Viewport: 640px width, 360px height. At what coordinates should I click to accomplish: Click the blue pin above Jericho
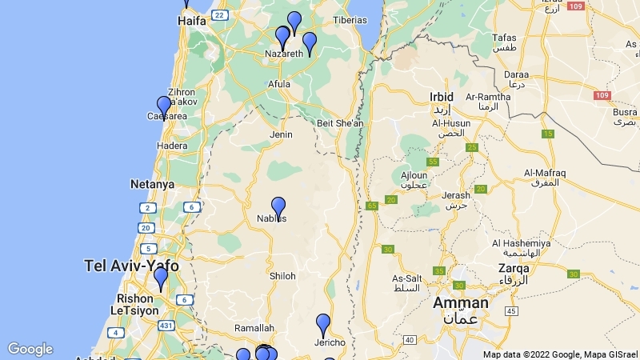[323, 325]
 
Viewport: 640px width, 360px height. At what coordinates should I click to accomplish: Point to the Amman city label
[460, 303]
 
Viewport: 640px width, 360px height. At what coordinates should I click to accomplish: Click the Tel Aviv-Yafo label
[131, 266]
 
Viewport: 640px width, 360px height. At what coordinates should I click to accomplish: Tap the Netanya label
[152, 184]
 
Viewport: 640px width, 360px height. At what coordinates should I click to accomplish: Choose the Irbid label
[442, 97]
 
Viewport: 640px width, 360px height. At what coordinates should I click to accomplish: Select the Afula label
[279, 84]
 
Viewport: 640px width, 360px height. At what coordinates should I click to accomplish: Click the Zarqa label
[513, 268]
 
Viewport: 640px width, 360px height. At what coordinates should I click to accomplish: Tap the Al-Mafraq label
[545, 173]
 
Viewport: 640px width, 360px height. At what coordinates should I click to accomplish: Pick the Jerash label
[456, 195]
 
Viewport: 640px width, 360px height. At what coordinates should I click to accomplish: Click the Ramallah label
[254, 328]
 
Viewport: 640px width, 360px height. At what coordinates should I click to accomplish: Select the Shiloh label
[282, 276]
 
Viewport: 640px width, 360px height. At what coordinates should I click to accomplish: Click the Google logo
[30, 349]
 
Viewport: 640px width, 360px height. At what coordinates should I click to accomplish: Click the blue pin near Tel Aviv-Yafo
[161, 278]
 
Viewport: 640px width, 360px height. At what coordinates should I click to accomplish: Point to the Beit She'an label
[340, 123]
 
